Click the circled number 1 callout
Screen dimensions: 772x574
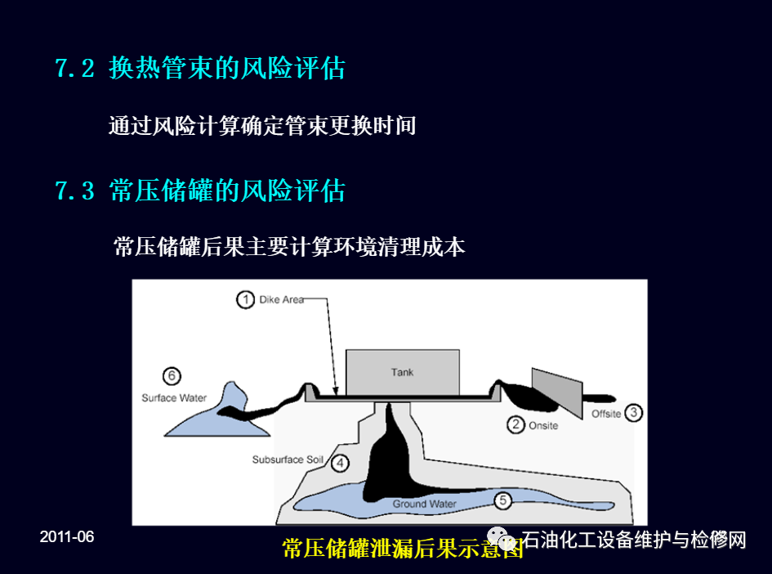coord(245,299)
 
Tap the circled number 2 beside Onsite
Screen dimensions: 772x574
coord(515,424)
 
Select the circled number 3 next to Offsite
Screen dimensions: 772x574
coord(634,412)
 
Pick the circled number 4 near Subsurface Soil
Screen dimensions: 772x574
coord(340,463)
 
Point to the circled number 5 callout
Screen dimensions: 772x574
coord(502,500)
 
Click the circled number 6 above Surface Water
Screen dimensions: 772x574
coord(172,376)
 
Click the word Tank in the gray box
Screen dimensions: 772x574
coord(402,373)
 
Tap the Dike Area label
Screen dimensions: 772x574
coord(281,299)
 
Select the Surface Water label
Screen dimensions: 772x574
coord(174,397)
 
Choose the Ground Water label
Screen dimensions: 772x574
coord(425,504)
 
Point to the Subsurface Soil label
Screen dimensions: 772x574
coord(288,460)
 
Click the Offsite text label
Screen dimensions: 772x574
coord(606,414)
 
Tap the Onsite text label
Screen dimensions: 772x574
coord(543,426)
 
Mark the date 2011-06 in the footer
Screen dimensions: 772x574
coord(67,536)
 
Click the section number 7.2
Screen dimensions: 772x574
coord(74,69)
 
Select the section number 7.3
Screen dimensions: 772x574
coord(74,191)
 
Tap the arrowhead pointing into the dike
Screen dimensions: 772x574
coord(336,391)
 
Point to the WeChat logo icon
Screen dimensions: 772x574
coord(502,538)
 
